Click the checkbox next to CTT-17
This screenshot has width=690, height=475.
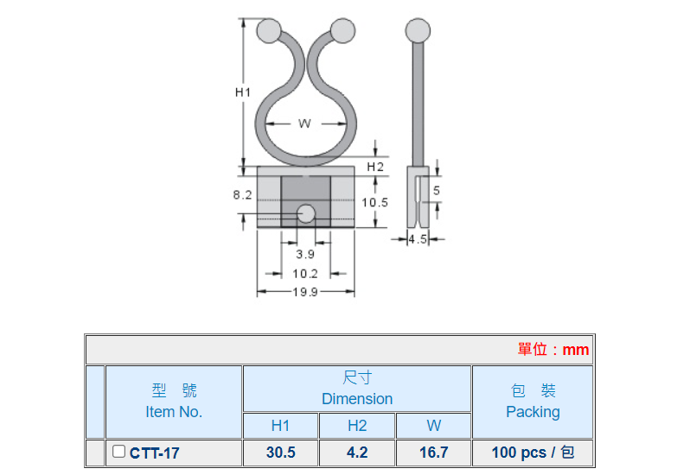[x=118, y=452]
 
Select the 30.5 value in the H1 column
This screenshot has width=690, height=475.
[x=281, y=453]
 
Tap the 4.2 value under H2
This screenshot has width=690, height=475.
[x=357, y=453]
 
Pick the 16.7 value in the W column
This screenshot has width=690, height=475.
[x=433, y=453]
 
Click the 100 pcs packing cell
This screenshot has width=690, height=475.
[x=533, y=453]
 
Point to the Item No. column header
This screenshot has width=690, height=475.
[x=174, y=412]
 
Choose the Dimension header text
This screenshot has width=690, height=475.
[x=357, y=398]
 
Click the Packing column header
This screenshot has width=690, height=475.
[x=533, y=412]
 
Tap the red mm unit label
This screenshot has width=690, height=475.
[x=576, y=350]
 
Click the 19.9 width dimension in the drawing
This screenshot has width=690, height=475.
[x=305, y=292]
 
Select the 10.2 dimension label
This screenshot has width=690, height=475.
[x=305, y=274]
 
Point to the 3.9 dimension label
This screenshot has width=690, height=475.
[x=305, y=254]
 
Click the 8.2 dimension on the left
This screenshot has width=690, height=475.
[x=242, y=194]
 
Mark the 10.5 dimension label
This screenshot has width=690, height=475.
[x=375, y=203]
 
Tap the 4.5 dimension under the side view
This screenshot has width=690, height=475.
[x=418, y=239]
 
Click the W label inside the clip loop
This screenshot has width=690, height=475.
[x=304, y=123]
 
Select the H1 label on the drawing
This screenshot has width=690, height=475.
[x=243, y=92]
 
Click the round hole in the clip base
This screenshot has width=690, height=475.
[x=306, y=214]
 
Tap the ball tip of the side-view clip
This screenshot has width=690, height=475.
[x=418, y=30]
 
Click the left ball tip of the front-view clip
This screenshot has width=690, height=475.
[x=269, y=30]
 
